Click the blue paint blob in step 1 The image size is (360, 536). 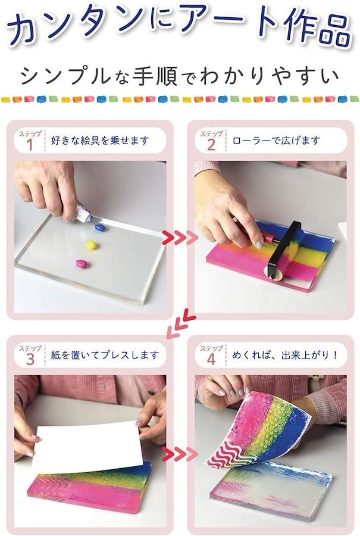pyautogui.click(x=100, y=228)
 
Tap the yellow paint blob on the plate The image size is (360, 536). pyautogui.click(x=91, y=245)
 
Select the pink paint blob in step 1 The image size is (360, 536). pyautogui.click(x=82, y=264)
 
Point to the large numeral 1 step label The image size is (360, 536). pyautogui.click(x=30, y=145)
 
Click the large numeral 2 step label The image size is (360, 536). pyautogui.click(x=211, y=145)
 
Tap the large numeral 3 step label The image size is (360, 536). pyautogui.click(x=30, y=360)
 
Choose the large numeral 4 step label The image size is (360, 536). pyautogui.click(x=211, y=360)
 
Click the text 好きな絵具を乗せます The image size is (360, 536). pyautogui.click(x=100, y=141)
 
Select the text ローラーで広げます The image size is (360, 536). pyautogui.click(x=276, y=141)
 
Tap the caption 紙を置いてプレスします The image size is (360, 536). pyautogui.click(x=105, y=355)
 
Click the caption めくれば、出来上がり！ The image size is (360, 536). pyautogui.click(x=285, y=355)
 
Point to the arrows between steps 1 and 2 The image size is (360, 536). pyautogui.click(x=180, y=237)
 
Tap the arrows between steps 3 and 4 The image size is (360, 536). pyautogui.click(x=180, y=454)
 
